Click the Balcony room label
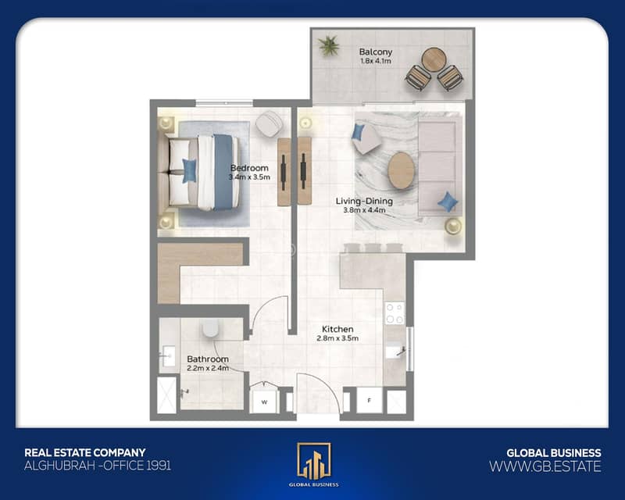click(x=376, y=52)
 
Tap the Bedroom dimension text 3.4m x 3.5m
click(x=249, y=177)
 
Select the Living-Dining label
click(x=364, y=202)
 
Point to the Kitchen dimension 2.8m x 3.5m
click(x=337, y=338)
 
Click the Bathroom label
click(x=208, y=359)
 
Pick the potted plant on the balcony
click(x=329, y=45)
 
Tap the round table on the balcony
click(x=434, y=59)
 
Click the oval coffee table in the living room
click(x=401, y=170)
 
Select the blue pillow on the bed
click(x=189, y=170)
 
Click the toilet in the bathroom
click(x=210, y=328)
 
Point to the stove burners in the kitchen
click(x=395, y=313)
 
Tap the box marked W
click(x=264, y=402)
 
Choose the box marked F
click(x=369, y=400)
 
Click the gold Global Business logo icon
click(x=314, y=461)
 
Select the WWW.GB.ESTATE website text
click(x=545, y=466)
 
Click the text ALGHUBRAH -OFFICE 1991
click(x=98, y=466)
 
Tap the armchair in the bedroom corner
click(x=270, y=123)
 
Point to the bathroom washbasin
click(x=167, y=356)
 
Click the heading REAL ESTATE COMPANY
click(x=85, y=452)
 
